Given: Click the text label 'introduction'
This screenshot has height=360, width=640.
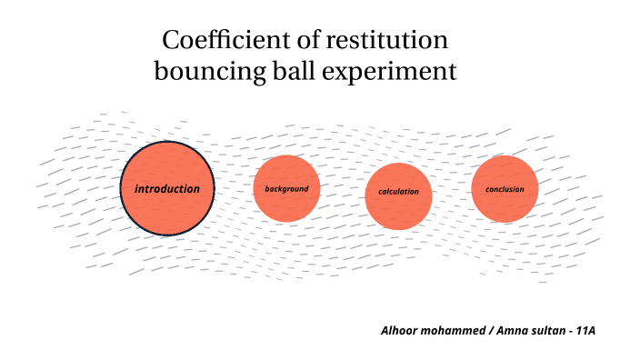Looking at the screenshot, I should click(167, 189).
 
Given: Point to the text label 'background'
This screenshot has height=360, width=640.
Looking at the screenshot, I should click(286, 189).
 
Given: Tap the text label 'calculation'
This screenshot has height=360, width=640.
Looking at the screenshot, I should click(398, 192).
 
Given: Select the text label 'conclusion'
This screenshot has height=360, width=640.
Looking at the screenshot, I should click(505, 189).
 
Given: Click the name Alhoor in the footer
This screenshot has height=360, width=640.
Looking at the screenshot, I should click(400, 329).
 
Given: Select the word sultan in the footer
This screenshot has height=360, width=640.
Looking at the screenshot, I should click(549, 329).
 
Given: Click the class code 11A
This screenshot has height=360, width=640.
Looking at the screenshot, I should click(585, 329).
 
